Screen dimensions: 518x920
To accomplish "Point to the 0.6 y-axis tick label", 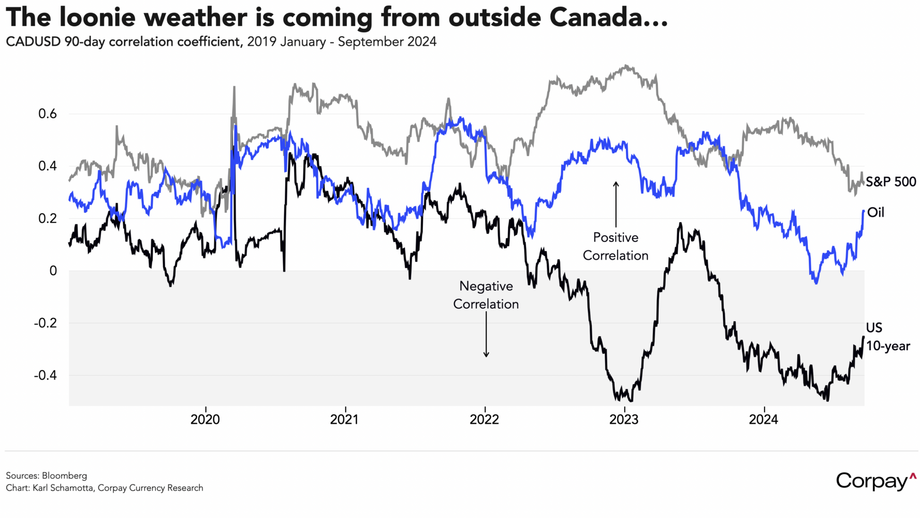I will [x=48, y=114].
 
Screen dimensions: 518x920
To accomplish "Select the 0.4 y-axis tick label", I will [x=48, y=166].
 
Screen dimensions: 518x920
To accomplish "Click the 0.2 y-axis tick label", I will [x=48, y=219].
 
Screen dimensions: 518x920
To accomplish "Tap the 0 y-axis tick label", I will [x=53, y=271].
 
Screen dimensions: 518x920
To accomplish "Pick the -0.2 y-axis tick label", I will [x=46, y=323].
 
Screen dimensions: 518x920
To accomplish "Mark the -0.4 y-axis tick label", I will [x=46, y=376].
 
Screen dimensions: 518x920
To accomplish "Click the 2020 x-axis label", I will [x=205, y=420].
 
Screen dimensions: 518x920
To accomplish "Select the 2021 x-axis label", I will [x=345, y=420].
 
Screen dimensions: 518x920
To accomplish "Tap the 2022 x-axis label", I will [x=485, y=420].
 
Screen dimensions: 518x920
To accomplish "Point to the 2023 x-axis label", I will [x=624, y=420].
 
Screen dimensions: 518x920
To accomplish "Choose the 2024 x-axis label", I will [x=764, y=420].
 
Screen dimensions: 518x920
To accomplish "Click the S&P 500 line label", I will [x=891, y=182].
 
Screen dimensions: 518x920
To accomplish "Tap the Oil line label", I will [x=876, y=212].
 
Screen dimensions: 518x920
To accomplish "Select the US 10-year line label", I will [x=887, y=337].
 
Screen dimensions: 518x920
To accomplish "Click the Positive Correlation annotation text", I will [x=616, y=247].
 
